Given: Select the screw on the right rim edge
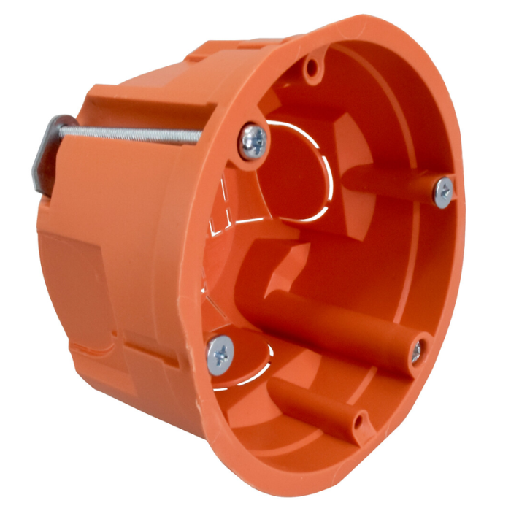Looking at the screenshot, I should pos(443,192).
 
